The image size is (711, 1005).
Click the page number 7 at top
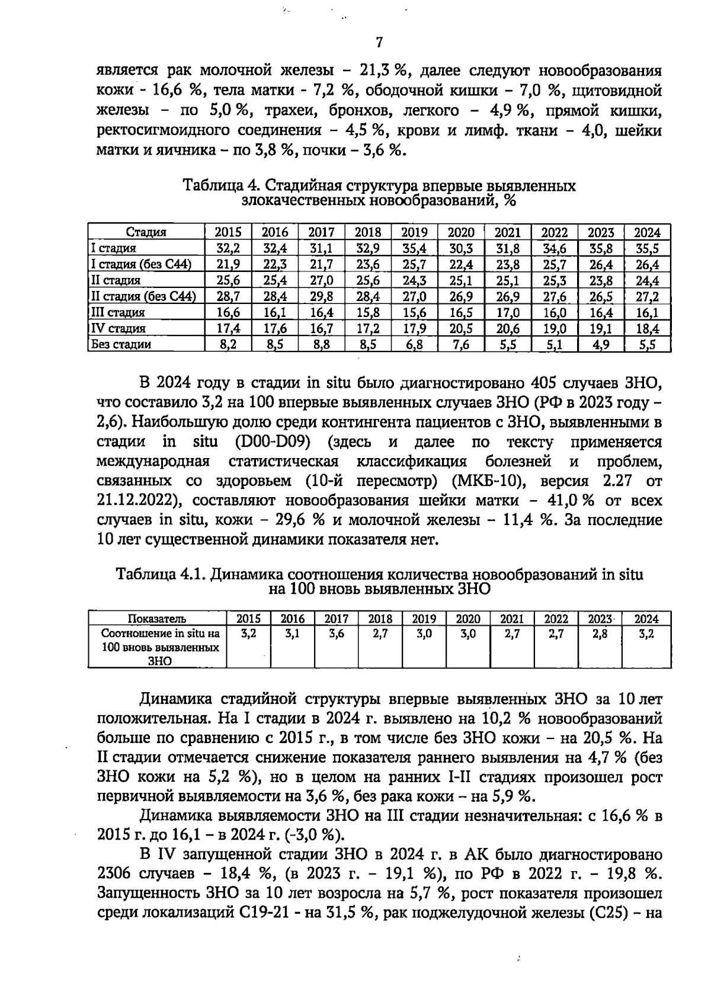tap(379, 43)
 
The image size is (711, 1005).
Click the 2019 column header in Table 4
tap(414, 232)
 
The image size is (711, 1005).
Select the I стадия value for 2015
tap(228, 248)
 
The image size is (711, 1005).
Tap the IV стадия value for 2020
tap(460, 328)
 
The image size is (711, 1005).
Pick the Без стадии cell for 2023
tap(601, 344)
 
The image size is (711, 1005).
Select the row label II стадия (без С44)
tap(143, 296)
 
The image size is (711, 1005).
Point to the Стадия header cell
tap(146, 232)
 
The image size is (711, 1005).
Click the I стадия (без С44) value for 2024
tap(647, 264)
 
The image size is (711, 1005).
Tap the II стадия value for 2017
tap(321, 280)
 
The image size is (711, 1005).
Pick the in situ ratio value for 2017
tap(337, 634)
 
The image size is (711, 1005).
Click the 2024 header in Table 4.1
tap(646, 619)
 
